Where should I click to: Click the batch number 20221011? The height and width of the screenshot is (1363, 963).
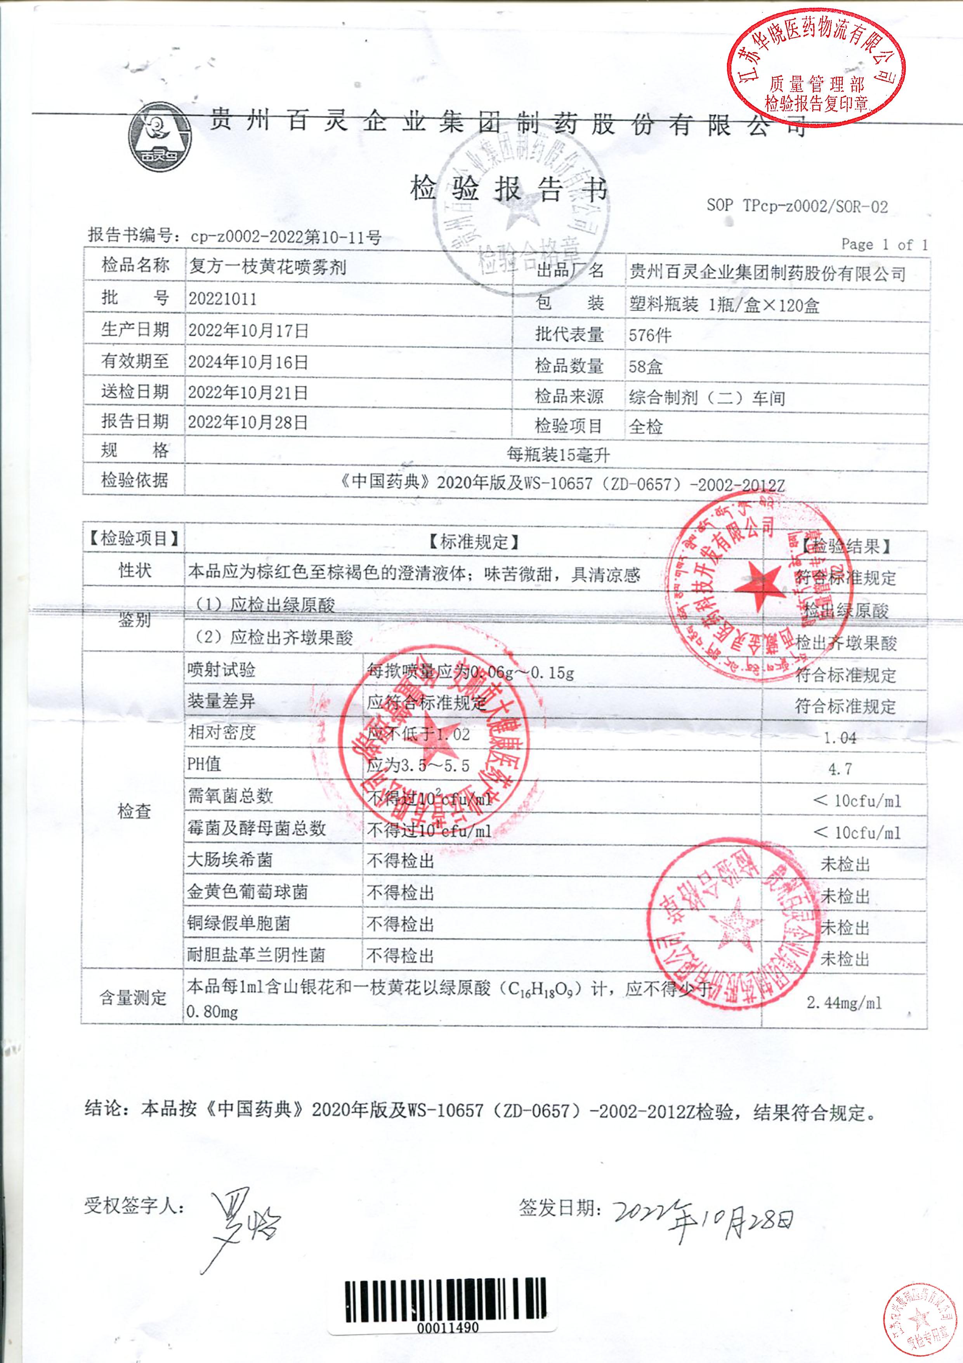tap(222, 299)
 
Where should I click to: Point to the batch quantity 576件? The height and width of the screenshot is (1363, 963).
tap(650, 335)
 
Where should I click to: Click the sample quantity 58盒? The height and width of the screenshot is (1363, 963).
tap(645, 366)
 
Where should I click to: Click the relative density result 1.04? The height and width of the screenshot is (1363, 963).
tap(840, 738)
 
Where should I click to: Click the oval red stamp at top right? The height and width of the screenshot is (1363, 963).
tap(816, 64)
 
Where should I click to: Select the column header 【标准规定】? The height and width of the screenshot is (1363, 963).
tap(473, 541)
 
